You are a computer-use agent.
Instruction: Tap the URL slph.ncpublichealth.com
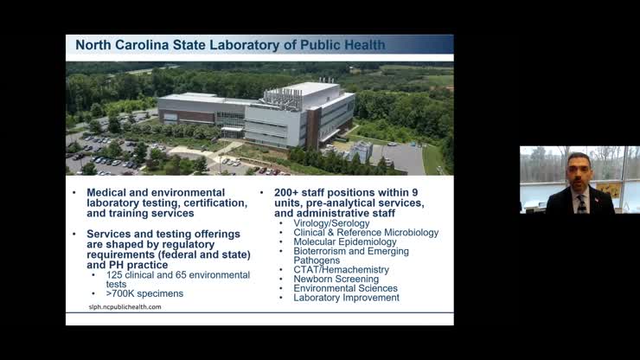pos(125,306)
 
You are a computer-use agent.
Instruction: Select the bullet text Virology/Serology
pos(331,223)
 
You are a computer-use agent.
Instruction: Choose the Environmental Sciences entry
pos(345,288)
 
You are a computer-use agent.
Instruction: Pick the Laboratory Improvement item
pos(346,298)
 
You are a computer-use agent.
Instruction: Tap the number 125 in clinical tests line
pos(114,274)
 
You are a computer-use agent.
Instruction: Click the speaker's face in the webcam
pos(579,170)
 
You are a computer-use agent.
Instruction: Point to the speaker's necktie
pos(580,202)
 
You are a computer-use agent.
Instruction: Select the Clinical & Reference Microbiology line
pos(366,233)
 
